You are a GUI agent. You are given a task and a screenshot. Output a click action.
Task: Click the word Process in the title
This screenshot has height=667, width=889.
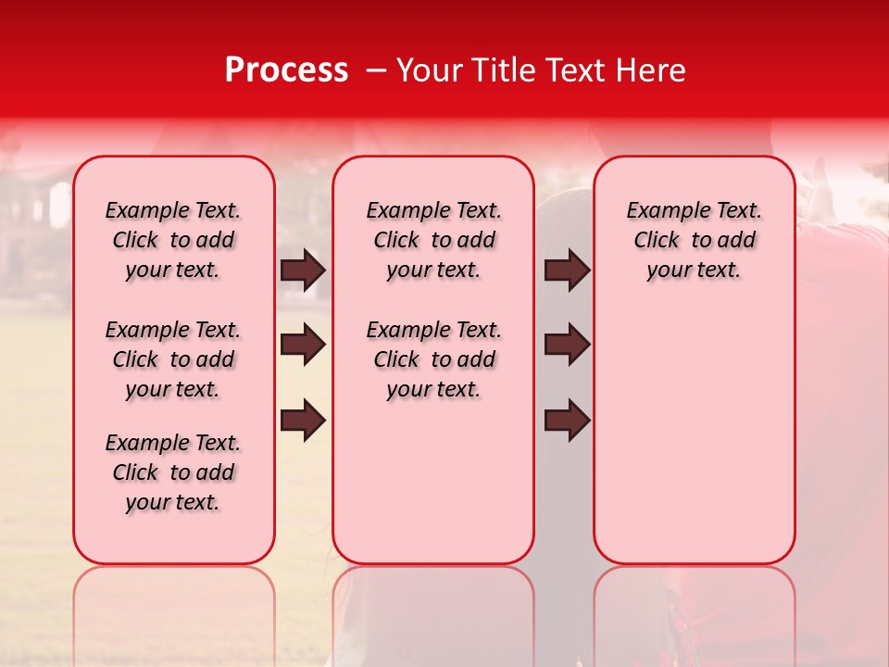pyautogui.click(x=286, y=70)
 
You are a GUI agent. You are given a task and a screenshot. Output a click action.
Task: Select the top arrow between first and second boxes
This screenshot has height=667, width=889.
pyautogui.click(x=303, y=271)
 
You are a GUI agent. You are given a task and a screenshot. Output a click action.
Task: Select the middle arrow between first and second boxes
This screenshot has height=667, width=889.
pyautogui.click(x=303, y=346)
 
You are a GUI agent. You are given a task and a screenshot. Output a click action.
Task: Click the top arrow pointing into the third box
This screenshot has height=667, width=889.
pyautogui.click(x=567, y=271)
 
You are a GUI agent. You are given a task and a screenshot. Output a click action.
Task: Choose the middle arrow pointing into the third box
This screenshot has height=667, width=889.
pyautogui.click(x=567, y=346)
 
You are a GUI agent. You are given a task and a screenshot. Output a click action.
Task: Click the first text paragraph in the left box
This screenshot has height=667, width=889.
pyautogui.click(x=173, y=240)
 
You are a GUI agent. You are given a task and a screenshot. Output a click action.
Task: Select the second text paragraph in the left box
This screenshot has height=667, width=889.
pyautogui.click(x=173, y=359)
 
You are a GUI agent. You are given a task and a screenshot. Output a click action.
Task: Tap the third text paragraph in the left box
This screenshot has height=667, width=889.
pyautogui.click(x=173, y=472)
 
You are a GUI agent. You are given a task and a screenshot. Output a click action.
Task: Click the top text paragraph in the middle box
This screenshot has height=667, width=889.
pyautogui.click(x=433, y=240)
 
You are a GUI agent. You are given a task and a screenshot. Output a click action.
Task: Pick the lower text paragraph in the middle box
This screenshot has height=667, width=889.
pyautogui.click(x=433, y=359)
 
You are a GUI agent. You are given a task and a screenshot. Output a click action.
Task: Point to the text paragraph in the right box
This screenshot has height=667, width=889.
pyautogui.click(x=694, y=240)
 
